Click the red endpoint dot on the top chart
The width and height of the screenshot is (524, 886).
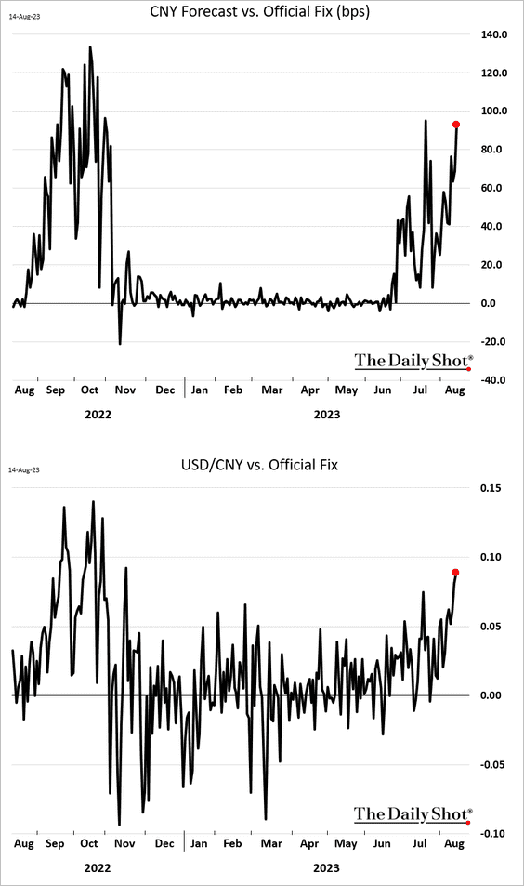(x=456, y=125)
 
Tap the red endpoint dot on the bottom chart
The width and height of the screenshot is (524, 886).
(x=455, y=573)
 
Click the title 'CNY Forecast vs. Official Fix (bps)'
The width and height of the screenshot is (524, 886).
(x=260, y=12)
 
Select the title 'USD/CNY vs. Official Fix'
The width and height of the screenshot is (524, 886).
(x=260, y=465)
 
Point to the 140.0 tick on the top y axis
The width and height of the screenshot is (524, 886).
(x=494, y=34)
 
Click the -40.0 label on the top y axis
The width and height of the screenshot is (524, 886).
(x=493, y=379)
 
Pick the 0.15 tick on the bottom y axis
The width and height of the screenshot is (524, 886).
(x=491, y=488)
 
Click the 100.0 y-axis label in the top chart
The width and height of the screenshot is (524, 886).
(x=494, y=111)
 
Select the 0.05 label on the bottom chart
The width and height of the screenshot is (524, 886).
(x=491, y=626)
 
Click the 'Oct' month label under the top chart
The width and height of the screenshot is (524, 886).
(x=90, y=390)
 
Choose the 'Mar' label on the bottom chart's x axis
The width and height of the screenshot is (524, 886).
(x=271, y=843)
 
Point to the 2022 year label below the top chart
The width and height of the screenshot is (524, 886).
(x=98, y=415)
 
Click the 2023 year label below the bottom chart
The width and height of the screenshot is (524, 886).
(x=326, y=868)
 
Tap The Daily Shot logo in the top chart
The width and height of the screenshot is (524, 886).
(x=413, y=361)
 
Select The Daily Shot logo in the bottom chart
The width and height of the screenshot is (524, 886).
(x=413, y=814)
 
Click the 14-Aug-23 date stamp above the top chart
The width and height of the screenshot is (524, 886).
(x=24, y=17)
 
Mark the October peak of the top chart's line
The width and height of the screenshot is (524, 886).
(x=90, y=46)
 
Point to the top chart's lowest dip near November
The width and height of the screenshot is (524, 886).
(x=120, y=344)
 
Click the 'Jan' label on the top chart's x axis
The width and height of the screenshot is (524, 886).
(x=200, y=390)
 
